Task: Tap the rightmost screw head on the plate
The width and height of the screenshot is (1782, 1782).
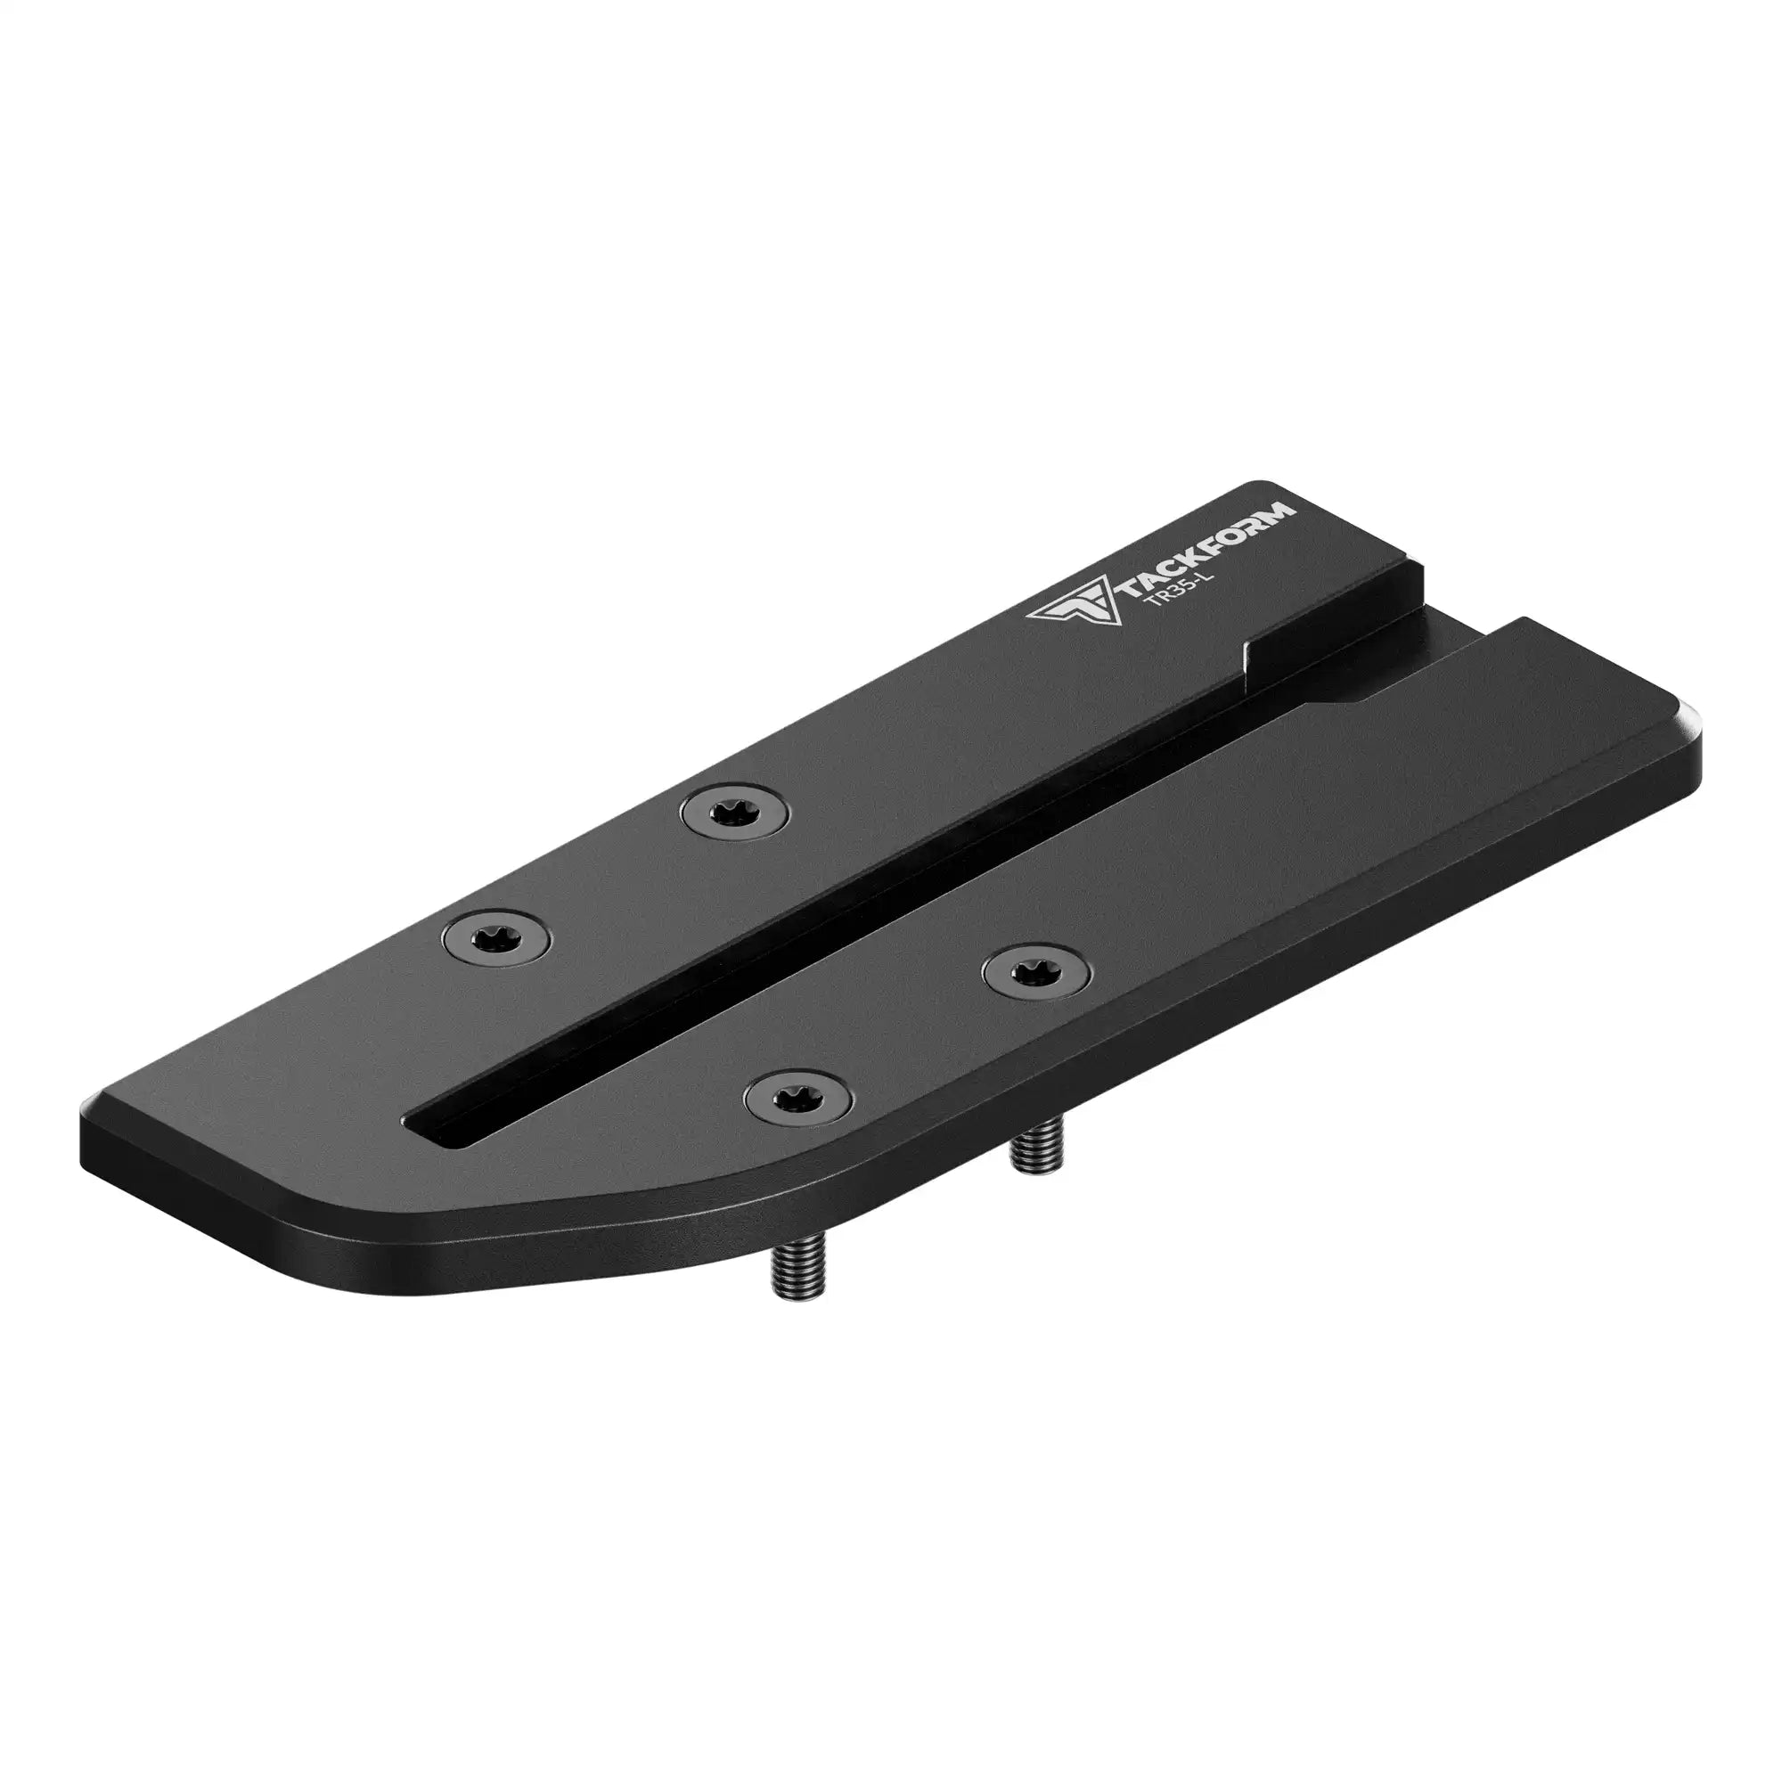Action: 1034,969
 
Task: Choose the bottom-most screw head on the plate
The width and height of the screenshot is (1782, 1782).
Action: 797,1095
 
